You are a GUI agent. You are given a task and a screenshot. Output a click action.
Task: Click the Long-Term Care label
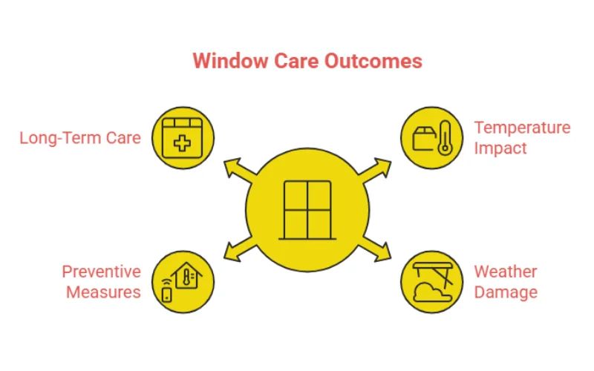(x=80, y=138)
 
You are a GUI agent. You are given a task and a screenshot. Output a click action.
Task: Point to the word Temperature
(x=522, y=128)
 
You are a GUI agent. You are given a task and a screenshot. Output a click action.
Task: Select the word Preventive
(x=101, y=272)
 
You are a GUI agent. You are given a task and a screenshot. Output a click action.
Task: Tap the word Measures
(x=103, y=292)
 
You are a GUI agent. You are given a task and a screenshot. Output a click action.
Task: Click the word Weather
(x=506, y=272)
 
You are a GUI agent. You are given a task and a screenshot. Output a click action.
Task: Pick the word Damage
(x=506, y=292)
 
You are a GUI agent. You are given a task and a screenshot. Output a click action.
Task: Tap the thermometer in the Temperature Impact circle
(x=445, y=138)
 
